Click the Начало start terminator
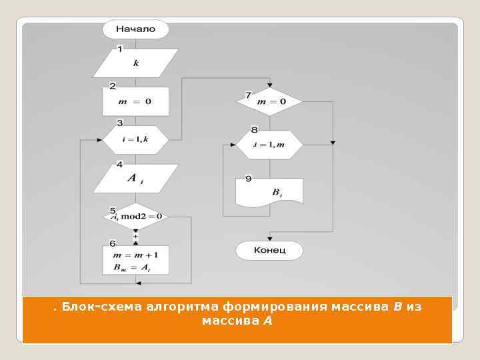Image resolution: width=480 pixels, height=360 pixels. (135, 29)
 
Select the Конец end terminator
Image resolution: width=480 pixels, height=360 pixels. (269, 251)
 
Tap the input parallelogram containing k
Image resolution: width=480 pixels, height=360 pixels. (135, 63)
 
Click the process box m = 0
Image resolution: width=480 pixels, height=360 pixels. (135, 101)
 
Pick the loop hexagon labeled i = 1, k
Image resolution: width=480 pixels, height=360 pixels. (135, 139)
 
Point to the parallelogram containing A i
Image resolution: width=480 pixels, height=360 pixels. (135, 178)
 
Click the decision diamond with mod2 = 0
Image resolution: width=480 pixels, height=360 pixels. (136, 217)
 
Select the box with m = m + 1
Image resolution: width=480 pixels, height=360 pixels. (135, 260)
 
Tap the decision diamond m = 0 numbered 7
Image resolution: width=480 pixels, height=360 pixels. (269, 101)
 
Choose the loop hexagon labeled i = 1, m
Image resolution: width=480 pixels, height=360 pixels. (269, 145)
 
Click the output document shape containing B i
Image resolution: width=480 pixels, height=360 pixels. (269, 192)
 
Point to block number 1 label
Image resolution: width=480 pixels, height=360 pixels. (119, 49)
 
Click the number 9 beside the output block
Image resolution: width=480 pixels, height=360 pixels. (248, 179)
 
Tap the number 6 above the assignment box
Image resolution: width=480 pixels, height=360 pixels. (112, 243)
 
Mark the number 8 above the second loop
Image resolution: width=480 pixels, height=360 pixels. (254, 129)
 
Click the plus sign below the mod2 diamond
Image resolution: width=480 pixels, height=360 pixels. (136, 236)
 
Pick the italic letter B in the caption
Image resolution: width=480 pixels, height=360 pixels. (397, 307)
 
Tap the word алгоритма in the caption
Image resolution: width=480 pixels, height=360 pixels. (178, 307)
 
